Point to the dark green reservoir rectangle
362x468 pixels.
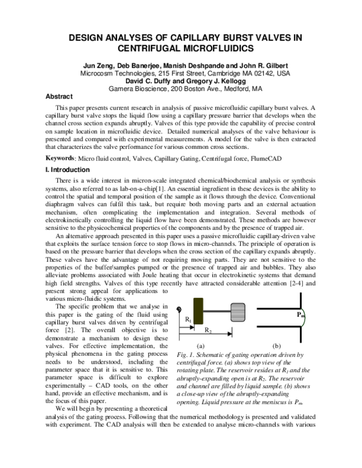click(x=198, y=312)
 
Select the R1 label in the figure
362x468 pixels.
click(x=188, y=318)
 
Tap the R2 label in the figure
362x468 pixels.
click(x=206, y=331)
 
